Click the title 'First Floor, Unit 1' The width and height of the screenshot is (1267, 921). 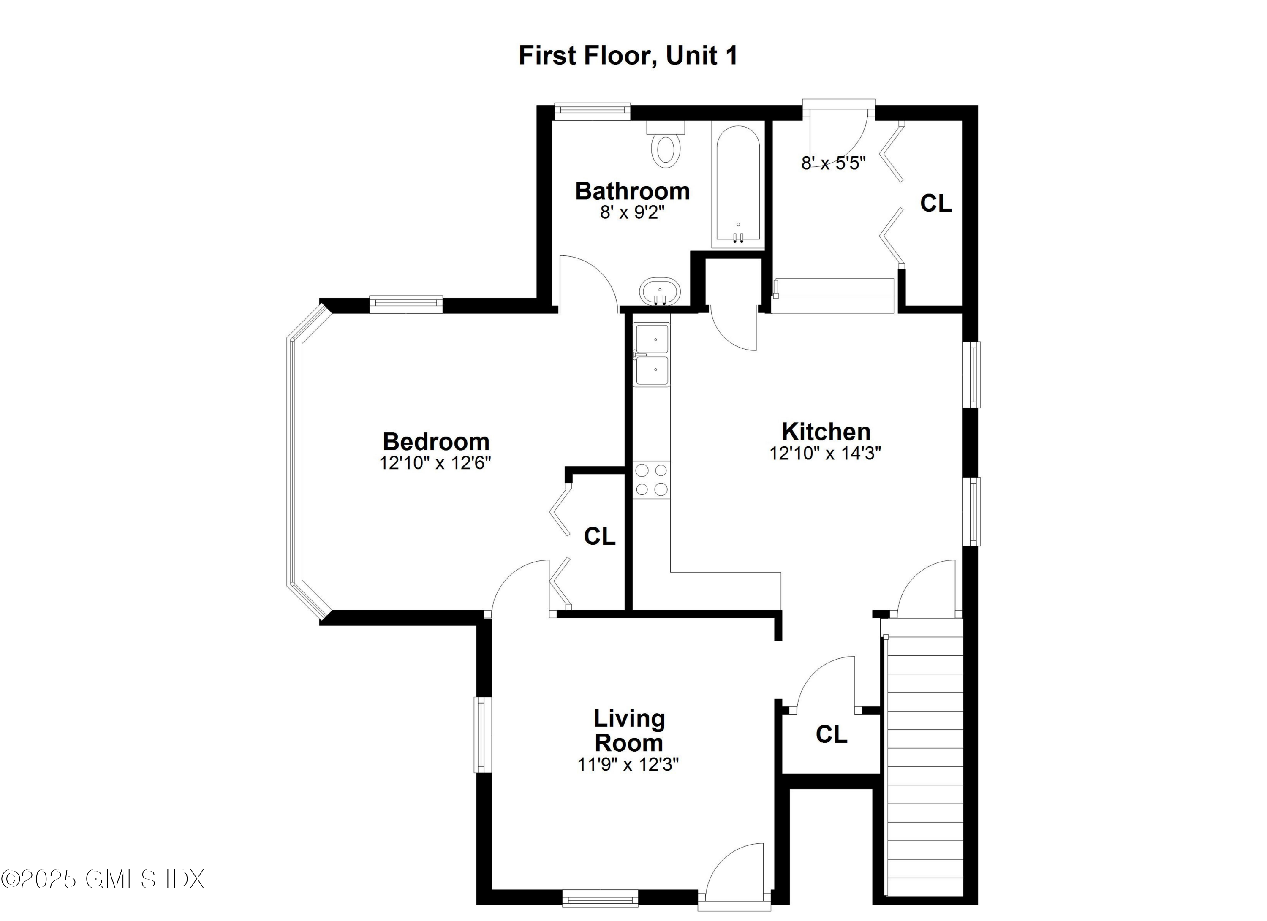(628, 55)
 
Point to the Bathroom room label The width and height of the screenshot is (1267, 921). (632, 191)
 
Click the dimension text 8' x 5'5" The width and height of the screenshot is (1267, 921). (833, 163)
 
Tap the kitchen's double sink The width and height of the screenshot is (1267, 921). (651, 355)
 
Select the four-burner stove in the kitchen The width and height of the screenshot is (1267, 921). (651, 479)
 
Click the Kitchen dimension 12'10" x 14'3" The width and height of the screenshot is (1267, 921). (825, 453)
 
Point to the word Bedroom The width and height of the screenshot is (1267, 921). (436, 442)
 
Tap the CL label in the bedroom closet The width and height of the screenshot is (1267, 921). (599, 536)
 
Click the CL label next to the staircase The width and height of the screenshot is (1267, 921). (831, 734)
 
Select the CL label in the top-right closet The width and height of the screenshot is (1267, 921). (936, 204)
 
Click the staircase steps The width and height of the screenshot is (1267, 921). (924, 771)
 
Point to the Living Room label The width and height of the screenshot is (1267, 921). (629, 731)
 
